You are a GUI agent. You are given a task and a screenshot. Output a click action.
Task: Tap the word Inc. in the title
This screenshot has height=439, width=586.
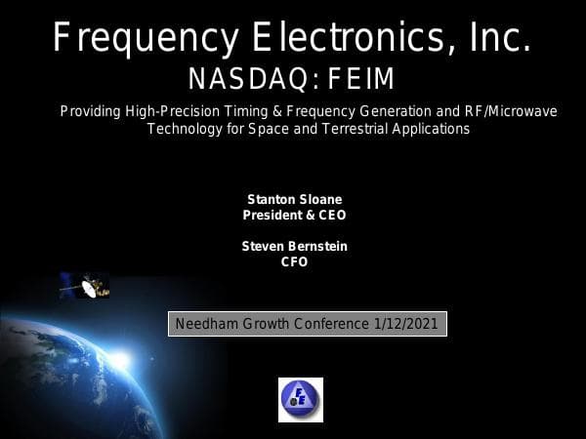pyautogui.click(x=500, y=39)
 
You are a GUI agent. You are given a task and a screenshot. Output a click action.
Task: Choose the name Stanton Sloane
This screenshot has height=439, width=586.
pyautogui.click(x=294, y=199)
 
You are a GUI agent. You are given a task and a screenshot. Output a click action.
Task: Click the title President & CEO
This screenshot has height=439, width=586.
pyautogui.click(x=294, y=215)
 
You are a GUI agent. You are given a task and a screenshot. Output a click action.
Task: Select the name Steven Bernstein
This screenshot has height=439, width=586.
pyautogui.click(x=294, y=247)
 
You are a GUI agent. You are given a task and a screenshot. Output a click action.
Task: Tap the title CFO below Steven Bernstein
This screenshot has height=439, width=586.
pyautogui.click(x=294, y=261)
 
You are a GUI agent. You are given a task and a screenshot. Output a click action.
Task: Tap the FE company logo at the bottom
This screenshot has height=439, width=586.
pyautogui.click(x=300, y=400)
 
